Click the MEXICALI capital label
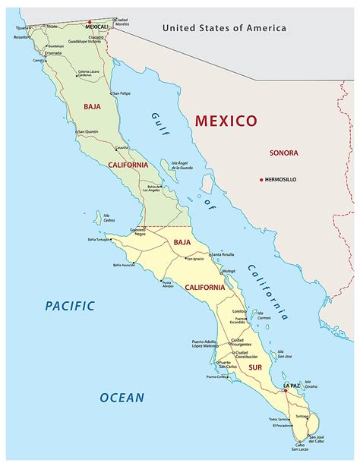(x=98, y=27)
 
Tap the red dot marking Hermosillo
(x=261, y=179)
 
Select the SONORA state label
(x=283, y=153)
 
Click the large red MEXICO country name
(x=226, y=120)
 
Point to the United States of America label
(x=224, y=28)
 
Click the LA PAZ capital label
(x=292, y=386)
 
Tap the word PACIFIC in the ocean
(x=69, y=306)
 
